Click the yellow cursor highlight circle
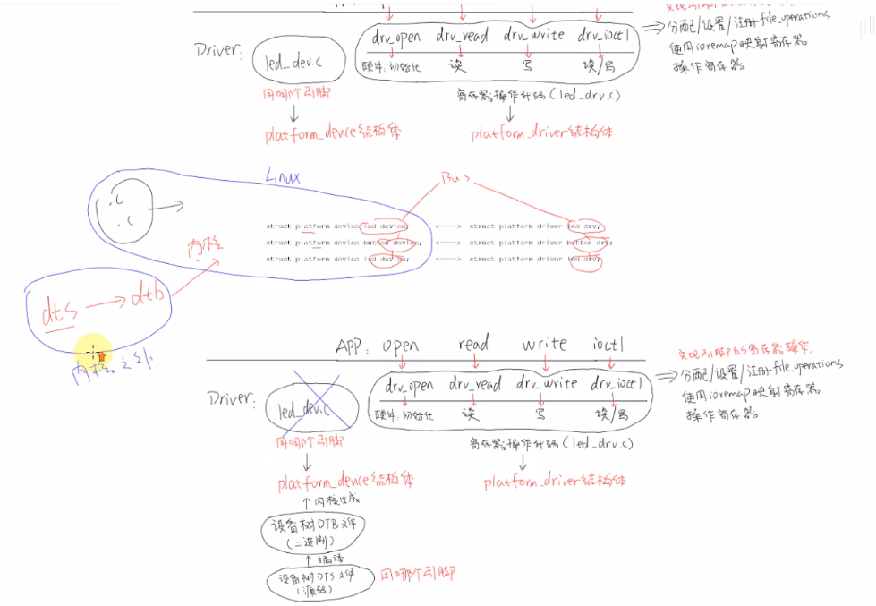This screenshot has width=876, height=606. [x=92, y=351]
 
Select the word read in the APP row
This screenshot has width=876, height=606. [x=473, y=343]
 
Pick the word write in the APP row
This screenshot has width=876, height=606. [x=545, y=343]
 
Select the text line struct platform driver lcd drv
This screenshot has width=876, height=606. [x=536, y=260]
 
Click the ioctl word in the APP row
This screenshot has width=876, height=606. [x=608, y=343]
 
